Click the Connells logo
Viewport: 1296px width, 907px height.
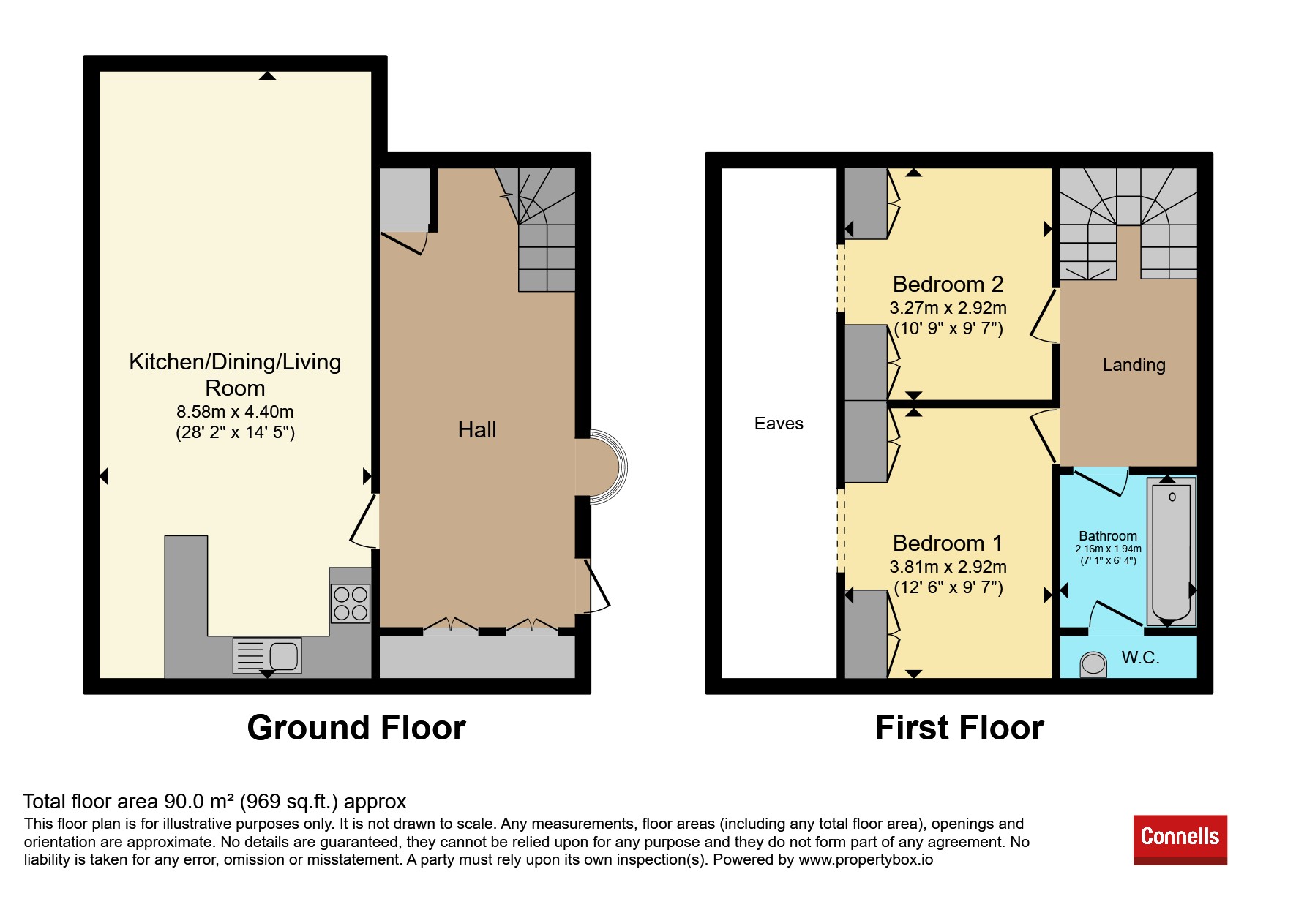pos(1180,840)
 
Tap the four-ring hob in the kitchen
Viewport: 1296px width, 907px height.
pos(351,603)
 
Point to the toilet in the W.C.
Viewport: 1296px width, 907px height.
pos(1093,664)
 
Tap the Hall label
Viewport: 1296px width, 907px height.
pos(477,430)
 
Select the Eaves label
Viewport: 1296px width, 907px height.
pos(779,424)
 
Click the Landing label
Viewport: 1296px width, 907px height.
pos(1134,365)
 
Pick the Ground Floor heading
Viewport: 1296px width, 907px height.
pos(356,729)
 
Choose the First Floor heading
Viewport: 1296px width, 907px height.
pos(959,729)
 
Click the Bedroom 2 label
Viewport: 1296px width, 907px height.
pos(948,284)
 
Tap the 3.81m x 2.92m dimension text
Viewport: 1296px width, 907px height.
pos(948,567)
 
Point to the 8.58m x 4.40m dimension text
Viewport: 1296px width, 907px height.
pos(235,412)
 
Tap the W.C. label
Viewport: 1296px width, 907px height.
pos(1140,658)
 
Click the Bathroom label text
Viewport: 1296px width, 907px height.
pos(1108,536)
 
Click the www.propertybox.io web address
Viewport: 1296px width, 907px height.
pos(866,860)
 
